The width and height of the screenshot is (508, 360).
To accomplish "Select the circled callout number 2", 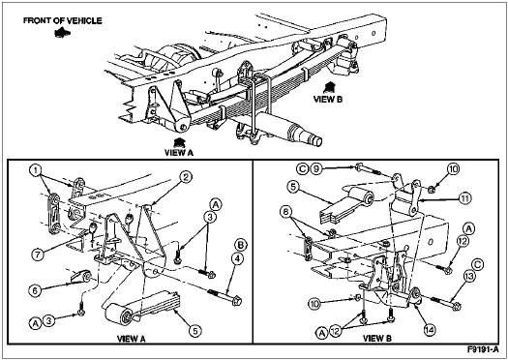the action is click(186, 177).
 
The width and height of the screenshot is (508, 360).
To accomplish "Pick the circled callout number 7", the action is click(38, 255).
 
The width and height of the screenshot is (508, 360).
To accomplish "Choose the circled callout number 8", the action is click(286, 212).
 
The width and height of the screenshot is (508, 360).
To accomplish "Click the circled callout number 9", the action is click(316, 168).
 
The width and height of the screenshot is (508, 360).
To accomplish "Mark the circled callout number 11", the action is click(463, 197).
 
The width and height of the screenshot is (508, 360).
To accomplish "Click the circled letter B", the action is click(240, 245).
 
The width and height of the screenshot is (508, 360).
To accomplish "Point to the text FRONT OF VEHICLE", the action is click(63, 20).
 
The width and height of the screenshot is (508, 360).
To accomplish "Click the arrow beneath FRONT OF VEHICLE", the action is click(63, 32).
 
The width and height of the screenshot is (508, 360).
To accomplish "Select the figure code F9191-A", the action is click(483, 349).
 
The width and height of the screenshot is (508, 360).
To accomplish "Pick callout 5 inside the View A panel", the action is click(196, 331).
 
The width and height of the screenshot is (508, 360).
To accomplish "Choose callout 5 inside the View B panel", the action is click(292, 188).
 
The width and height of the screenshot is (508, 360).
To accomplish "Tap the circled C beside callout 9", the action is click(302, 168).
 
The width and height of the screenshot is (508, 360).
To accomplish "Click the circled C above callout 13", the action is click(478, 265).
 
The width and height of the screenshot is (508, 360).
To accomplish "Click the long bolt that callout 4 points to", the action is click(224, 296).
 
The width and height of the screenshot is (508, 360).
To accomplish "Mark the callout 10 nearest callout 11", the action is click(454, 168).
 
